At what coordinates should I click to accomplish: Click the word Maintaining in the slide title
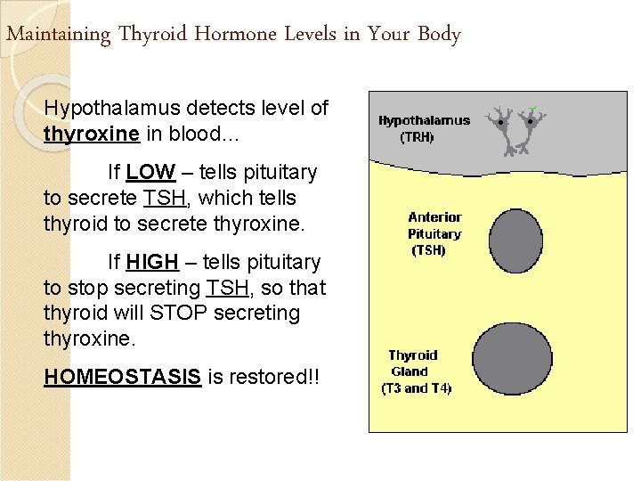59,35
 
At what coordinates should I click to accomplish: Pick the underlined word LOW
150,172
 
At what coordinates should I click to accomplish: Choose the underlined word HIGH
152,263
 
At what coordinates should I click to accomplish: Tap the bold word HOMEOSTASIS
122,377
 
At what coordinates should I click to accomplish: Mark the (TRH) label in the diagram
417,137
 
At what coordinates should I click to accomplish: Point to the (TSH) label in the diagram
428,250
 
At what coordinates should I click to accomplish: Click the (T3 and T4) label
416,388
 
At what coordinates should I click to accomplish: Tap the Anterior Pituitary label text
434,225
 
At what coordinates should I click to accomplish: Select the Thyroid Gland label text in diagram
412,363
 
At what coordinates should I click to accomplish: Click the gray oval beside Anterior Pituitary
515,240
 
